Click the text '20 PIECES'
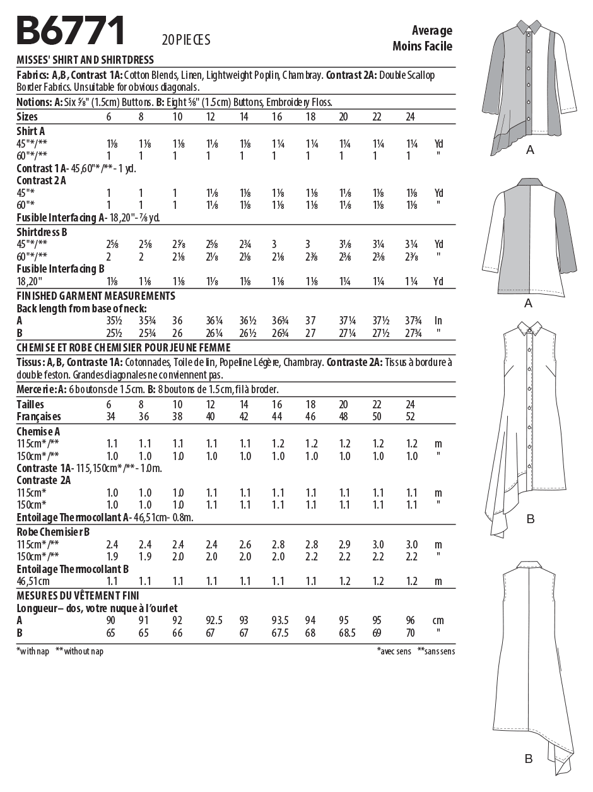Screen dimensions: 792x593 (185, 40)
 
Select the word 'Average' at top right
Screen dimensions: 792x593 (432, 30)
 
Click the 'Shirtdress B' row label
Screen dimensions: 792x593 (42, 232)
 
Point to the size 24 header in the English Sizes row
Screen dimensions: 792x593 (410, 117)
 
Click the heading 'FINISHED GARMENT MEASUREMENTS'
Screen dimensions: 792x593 (95, 295)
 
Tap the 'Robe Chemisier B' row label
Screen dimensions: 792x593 (53, 531)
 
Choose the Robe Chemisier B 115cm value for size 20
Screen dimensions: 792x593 (344, 544)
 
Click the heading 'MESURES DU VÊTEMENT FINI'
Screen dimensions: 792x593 (78, 595)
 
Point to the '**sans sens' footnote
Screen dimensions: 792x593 (436, 651)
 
